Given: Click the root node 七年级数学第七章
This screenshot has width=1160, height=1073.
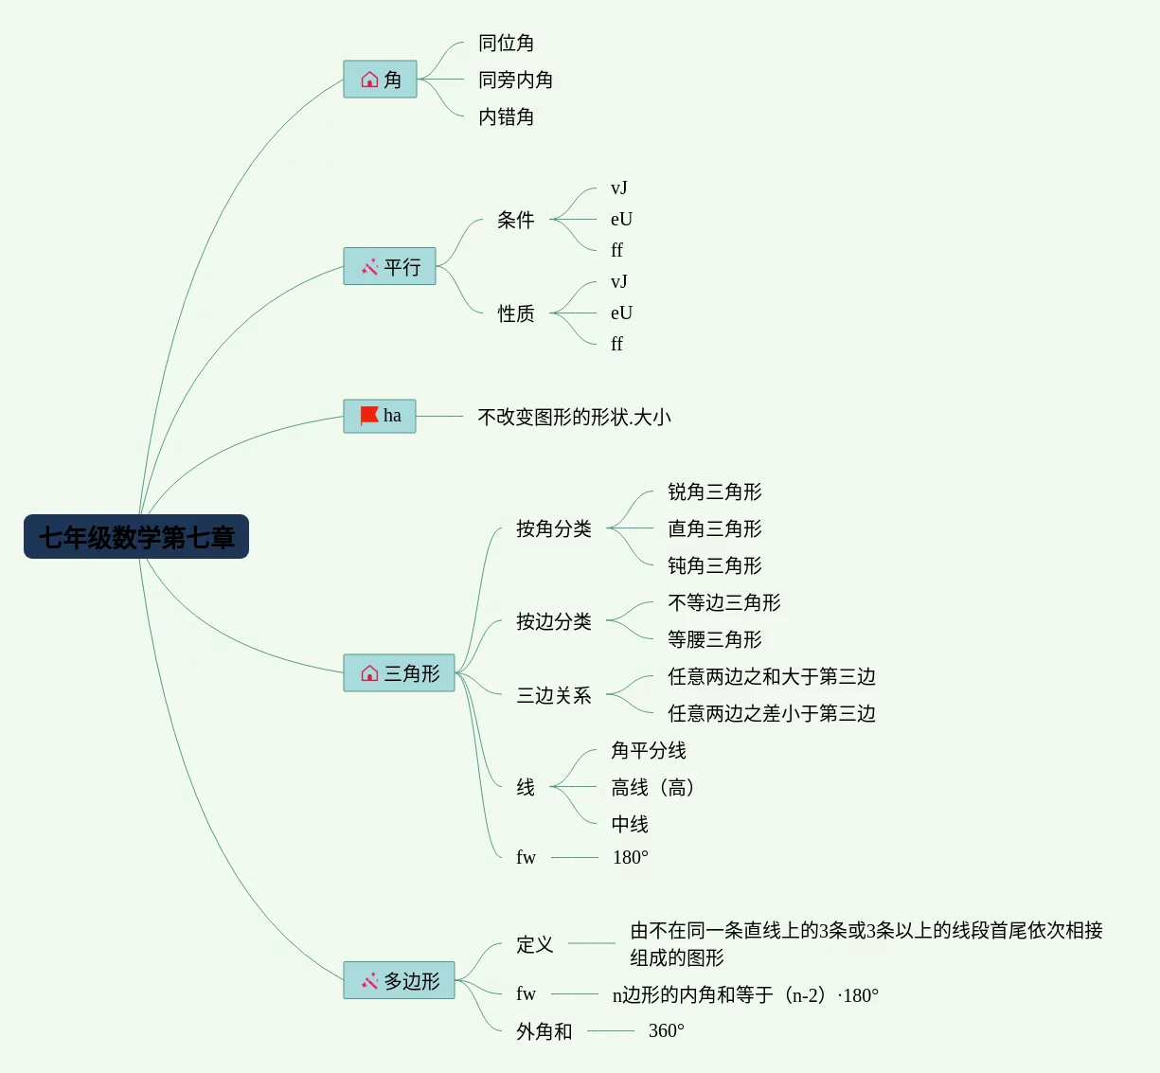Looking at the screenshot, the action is [x=136, y=537].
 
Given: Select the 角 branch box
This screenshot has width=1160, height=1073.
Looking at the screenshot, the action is [x=380, y=80].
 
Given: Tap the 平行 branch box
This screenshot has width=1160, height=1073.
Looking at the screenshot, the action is [x=389, y=267].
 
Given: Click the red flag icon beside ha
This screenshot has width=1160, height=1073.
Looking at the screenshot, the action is [x=369, y=416].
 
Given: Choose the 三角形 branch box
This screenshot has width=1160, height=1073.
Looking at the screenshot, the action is [x=399, y=673].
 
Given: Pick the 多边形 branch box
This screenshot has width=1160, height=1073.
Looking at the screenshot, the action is [x=399, y=981].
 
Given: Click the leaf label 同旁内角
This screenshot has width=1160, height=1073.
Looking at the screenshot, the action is [x=515, y=80].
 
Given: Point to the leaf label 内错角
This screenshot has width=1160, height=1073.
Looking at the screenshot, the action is [x=506, y=117].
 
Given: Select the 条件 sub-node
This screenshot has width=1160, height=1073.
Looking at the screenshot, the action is [x=515, y=220].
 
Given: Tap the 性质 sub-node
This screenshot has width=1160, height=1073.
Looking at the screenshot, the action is [x=515, y=313].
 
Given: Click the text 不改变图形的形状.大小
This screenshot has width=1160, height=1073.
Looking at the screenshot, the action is [x=574, y=417].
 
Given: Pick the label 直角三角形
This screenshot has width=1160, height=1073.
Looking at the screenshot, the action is [x=714, y=528].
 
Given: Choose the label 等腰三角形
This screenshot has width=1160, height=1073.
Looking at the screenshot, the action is [x=714, y=639].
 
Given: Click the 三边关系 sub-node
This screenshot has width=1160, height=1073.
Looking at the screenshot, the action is [x=553, y=695].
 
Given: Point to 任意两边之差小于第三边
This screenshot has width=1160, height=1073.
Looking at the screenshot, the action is [x=771, y=713].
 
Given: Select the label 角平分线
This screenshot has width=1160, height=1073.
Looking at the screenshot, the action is [x=648, y=750].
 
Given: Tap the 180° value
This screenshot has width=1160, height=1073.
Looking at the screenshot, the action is [x=630, y=858].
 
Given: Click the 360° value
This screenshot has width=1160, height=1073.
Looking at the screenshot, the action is [x=666, y=1031].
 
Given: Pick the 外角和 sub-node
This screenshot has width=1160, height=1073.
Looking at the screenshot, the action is [x=544, y=1031].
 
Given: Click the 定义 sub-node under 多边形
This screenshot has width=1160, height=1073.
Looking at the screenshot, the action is [x=534, y=944].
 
